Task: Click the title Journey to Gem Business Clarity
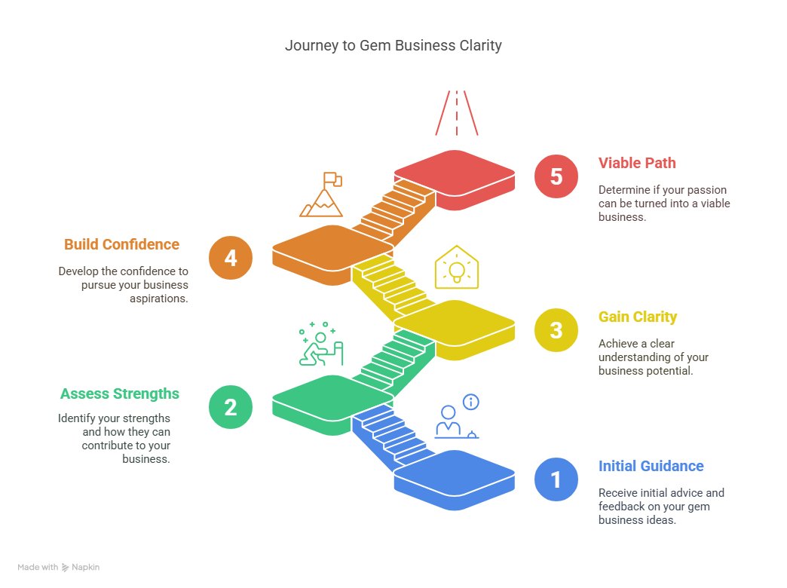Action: tap(393, 45)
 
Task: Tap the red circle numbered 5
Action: tap(556, 176)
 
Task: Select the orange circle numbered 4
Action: tap(231, 258)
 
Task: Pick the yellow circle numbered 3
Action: tap(556, 330)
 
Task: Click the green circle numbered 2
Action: tap(231, 407)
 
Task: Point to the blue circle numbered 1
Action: tap(556, 479)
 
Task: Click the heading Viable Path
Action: tap(637, 163)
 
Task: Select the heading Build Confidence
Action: tap(121, 244)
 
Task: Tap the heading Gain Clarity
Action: tap(638, 317)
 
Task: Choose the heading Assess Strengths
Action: tap(120, 394)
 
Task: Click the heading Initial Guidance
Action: tap(651, 466)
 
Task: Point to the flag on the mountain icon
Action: tap(332, 179)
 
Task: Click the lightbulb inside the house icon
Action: tap(456, 269)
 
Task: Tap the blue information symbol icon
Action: tap(471, 402)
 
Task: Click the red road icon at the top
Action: tap(456, 113)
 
